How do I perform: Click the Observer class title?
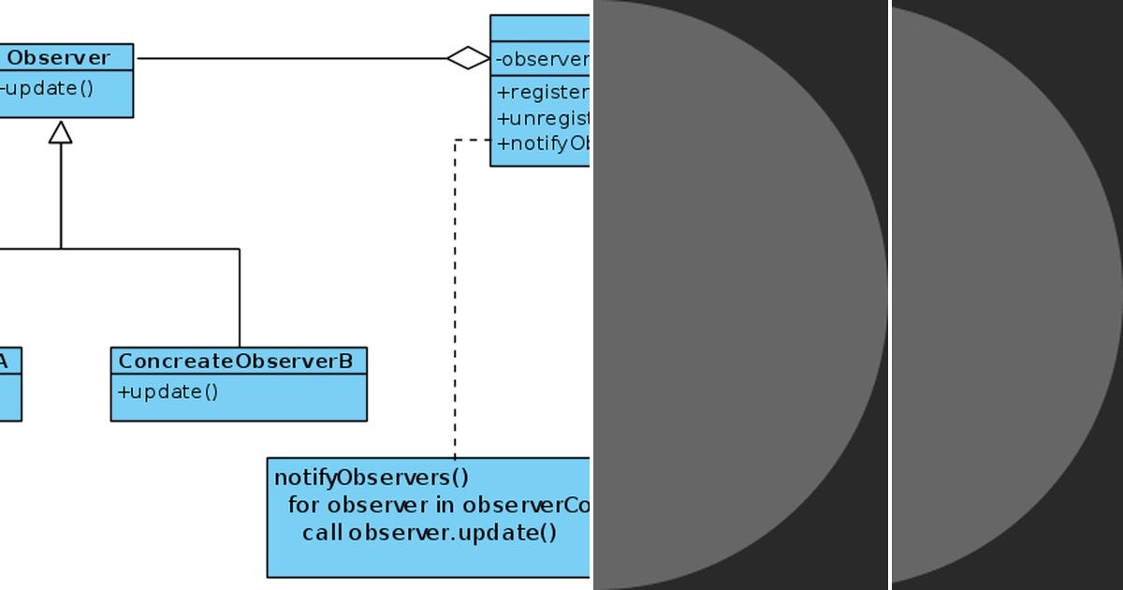point(58,57)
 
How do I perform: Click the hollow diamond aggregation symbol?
point(468,58)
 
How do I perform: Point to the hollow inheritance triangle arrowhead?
point(61,132)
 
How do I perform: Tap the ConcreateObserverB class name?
point(236,361)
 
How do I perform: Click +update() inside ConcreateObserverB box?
point(168,391)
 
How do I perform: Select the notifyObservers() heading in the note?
point(372,478)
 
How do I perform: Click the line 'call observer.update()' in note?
point(430,533)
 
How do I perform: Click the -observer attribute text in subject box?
point(542,59)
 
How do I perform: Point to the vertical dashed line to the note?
point(455,300)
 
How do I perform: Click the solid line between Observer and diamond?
point(290,58)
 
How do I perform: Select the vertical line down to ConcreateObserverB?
point(240,298)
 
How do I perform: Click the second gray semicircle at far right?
point(1001,295)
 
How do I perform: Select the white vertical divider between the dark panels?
point(890,295)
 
